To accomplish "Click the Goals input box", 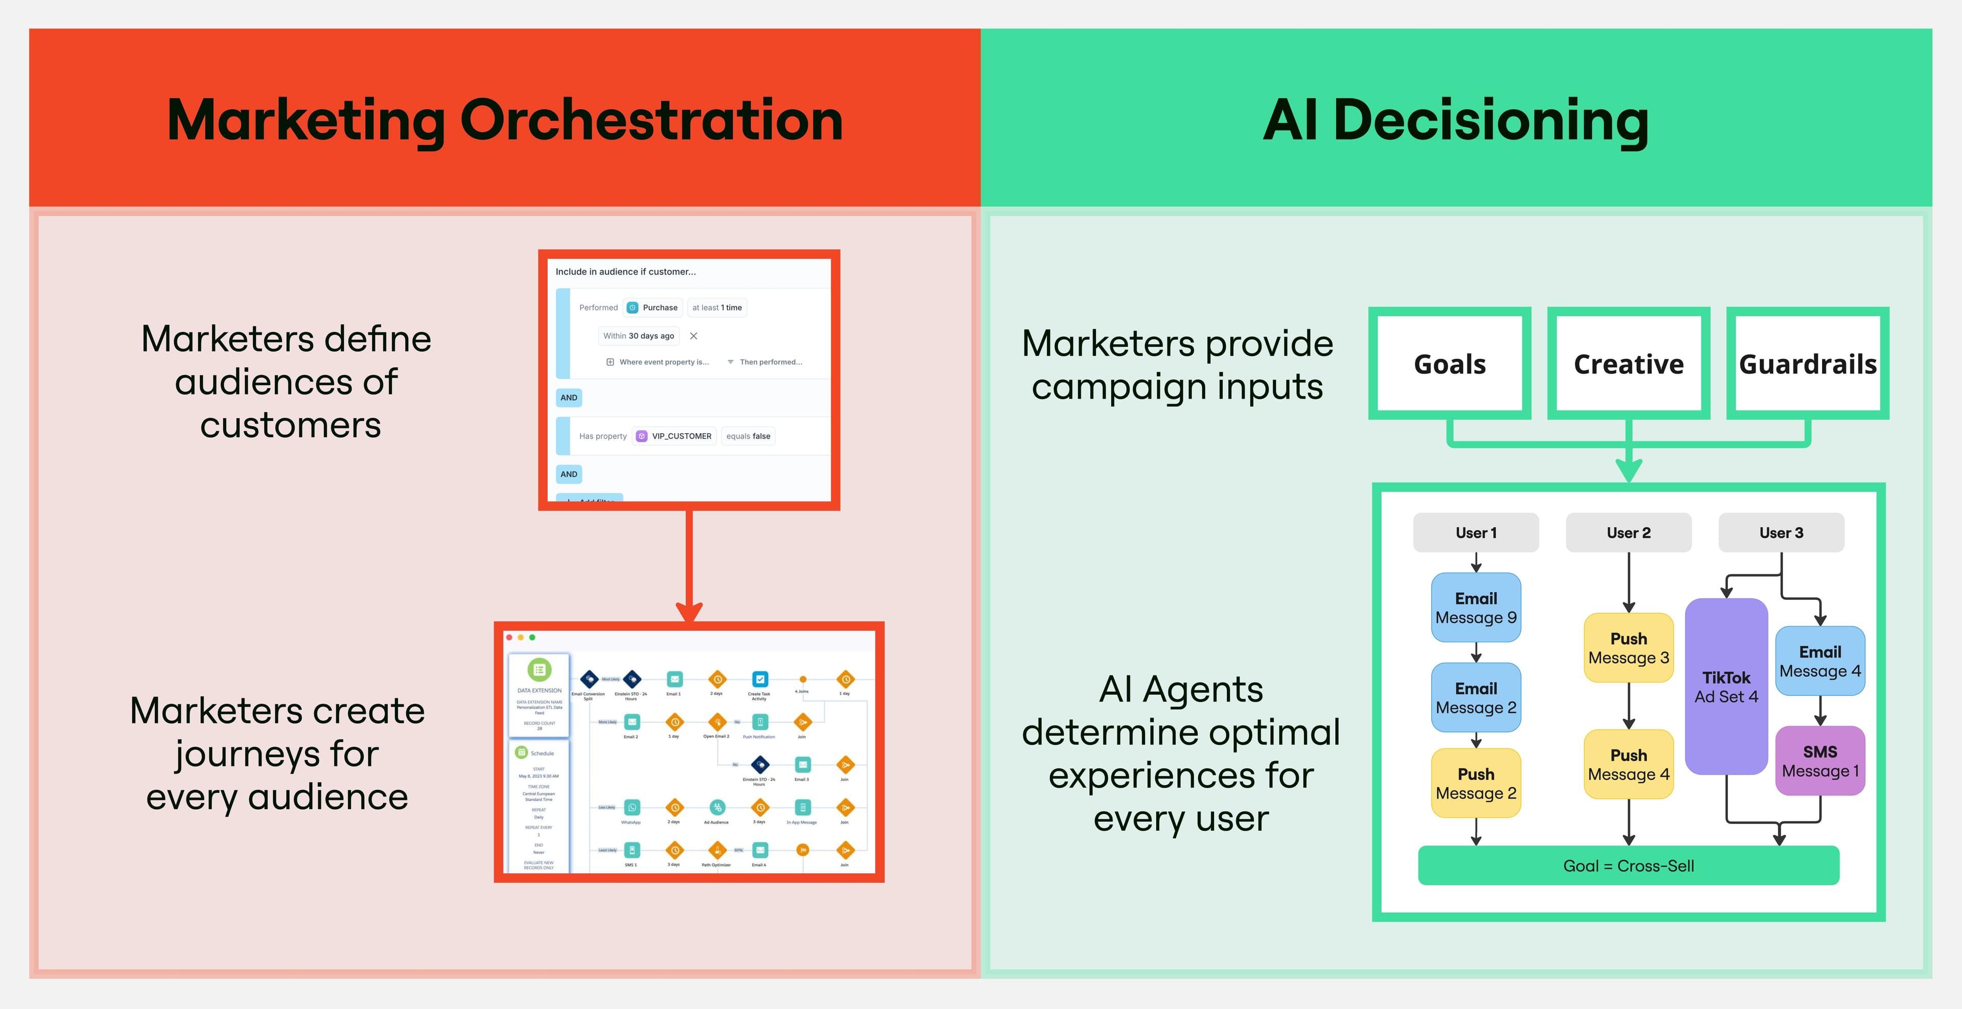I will tap(1450, 363).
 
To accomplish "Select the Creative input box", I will tap(1628, 363).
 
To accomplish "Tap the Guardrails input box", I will tap(1807, 363).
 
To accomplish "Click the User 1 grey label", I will tap(1475, 532).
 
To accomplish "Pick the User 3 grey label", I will tap(1781, 532).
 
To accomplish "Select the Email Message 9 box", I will tap(1475, 607).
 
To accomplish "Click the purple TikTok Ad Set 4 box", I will tap(1726, 686).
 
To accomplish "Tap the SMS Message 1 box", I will tap(1819, 761).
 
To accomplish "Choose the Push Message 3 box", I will tap(1628, 647).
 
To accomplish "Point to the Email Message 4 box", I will tap(1819, 661).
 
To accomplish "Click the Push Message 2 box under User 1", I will tap(1475, 783).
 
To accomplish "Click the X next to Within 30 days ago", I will tap(693, 336).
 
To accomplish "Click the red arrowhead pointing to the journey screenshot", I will tap(689, 612).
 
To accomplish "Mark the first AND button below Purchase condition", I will tap(569, 397).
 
